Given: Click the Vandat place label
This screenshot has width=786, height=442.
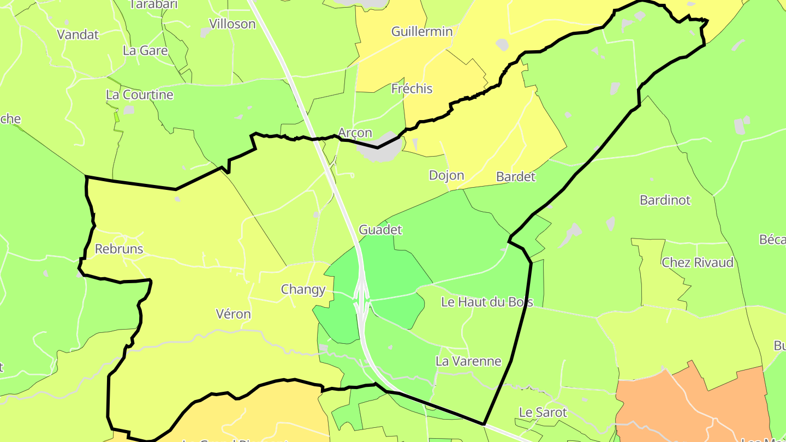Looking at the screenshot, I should coord(78,34).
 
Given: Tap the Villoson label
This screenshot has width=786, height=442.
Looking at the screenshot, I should coord(233,24).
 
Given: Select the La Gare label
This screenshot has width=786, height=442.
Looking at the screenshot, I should coord(145,51).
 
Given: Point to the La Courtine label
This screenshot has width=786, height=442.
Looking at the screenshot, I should coord(140,95).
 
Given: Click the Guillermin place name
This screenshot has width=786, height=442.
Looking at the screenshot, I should coord(422,32).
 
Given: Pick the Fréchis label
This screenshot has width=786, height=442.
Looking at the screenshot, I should coord(412,89).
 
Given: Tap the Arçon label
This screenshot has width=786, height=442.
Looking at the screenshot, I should coord(355,133).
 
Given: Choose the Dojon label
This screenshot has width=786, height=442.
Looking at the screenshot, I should coord(446,176).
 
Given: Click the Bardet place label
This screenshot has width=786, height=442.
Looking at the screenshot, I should coord(516,177).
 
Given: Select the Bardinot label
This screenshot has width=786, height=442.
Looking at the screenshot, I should coord(665,200).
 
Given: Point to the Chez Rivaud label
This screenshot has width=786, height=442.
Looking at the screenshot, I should coord(698,263).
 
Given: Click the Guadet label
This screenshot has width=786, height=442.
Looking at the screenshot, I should coord(380,230).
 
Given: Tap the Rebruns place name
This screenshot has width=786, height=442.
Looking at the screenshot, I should coord(119,249).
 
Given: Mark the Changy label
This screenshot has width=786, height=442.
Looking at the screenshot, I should coord(303,290).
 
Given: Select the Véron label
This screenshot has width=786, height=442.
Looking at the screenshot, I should coord(234,314).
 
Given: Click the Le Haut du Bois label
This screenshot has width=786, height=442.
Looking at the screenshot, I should coord(487,302).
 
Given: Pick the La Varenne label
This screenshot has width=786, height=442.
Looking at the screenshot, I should coord(468,361).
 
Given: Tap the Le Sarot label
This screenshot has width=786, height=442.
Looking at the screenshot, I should coord(543,413).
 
